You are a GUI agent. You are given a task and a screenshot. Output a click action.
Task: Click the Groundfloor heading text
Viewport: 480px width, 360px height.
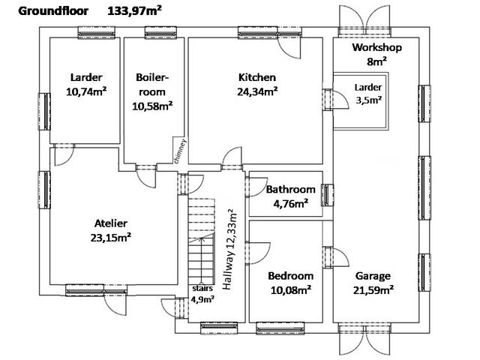coord(53,11)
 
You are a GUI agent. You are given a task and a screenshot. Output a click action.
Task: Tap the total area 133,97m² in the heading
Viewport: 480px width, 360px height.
coord(134,10)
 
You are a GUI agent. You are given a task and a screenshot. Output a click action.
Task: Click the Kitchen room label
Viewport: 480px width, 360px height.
coord(257,77)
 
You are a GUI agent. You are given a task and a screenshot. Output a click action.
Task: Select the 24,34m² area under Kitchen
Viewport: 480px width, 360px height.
coord(257,91)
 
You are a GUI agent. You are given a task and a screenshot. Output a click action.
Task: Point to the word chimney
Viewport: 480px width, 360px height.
coord(181,151)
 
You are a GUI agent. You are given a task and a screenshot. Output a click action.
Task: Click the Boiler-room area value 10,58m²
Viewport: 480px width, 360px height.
coord(152,106)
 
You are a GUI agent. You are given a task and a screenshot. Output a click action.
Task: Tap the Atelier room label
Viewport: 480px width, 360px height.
coord(111,223)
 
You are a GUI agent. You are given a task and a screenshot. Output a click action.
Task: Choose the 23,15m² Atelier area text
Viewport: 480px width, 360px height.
coord(111,237)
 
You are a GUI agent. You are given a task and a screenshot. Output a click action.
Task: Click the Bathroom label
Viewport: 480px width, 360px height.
coord(290,189)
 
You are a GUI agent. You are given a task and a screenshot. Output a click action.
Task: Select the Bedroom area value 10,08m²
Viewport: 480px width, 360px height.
coord(291,289)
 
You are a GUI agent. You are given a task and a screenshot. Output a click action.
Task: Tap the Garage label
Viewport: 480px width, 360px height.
coord(373,276)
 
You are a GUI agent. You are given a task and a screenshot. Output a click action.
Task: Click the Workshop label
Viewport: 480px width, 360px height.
coord(376,47)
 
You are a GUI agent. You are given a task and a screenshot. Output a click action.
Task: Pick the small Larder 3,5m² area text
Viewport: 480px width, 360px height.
coord(368,100)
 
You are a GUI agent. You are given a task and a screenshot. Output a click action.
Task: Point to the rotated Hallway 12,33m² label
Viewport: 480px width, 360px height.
coord(229,249)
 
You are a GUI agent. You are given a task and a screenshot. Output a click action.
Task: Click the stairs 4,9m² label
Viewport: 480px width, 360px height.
coord(202,294)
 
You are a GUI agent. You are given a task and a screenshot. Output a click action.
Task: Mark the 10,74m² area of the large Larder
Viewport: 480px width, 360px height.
coord(86,91)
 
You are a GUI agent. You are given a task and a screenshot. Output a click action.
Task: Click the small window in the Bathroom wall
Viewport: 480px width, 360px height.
coord(327,195)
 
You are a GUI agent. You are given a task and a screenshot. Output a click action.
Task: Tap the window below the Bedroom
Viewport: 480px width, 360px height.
coord(280,328)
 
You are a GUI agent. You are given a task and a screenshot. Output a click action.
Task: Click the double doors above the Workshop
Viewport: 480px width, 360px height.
coord(364,18)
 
